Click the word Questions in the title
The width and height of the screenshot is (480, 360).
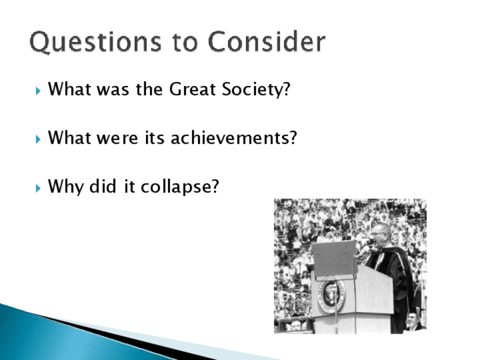coord(96,42)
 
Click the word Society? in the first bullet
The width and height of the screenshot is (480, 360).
coord(256,89)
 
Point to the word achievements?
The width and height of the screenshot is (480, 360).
coord(234,138)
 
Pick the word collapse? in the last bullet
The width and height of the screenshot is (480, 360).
coord(180,186)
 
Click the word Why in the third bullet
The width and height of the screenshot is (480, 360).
coord(66,186)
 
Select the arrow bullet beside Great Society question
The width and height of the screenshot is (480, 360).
coord(38,91)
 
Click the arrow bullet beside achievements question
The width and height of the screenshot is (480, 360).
coord(38,140)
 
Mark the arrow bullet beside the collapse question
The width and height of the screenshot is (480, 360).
coord(38,188)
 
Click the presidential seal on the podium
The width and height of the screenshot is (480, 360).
coord(332,294)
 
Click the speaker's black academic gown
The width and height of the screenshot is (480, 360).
coord(395,288)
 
